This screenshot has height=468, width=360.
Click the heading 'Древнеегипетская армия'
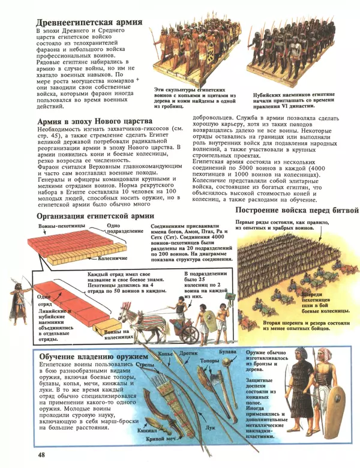click(x=89, y=23)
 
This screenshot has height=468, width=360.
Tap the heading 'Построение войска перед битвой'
click(x=296, y=211)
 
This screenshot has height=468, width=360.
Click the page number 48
click(x=41, y=455)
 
